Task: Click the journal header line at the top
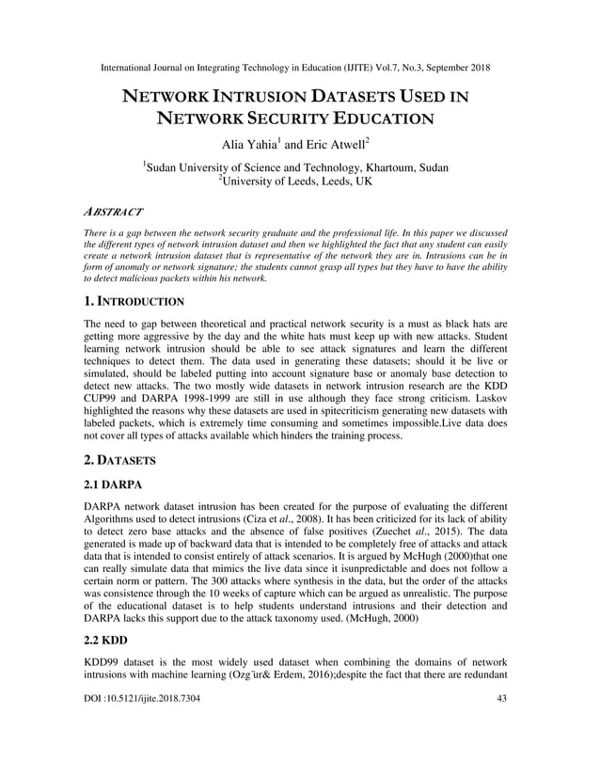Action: click(300, 68)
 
